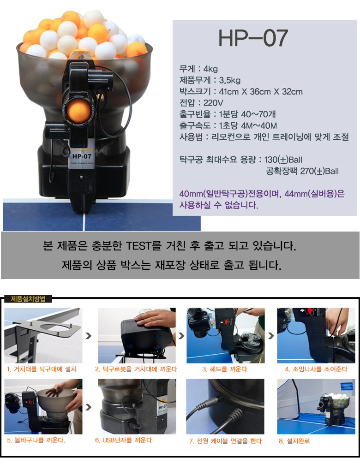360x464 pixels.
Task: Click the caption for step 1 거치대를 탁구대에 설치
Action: [42, 369]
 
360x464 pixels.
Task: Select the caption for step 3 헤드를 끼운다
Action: [225, 369]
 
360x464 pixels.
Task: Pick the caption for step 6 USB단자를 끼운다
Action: [123, 440]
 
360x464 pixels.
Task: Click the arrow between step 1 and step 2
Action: [89, 336]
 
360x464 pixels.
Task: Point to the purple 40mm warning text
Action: [262, 199]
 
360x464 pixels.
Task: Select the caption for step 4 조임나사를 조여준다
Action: [316, 369]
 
